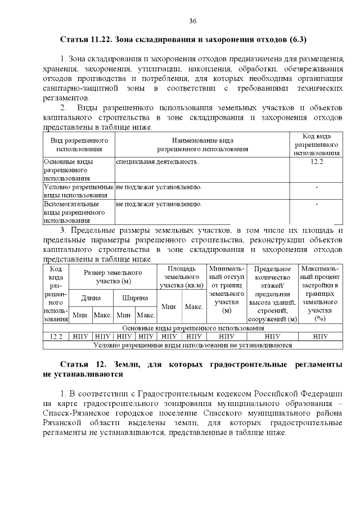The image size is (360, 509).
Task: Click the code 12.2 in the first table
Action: click(x=317, y=162)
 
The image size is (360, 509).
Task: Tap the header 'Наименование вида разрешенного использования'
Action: click(x=202, y=145)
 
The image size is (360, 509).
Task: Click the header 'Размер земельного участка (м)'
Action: click(x=113, y=277)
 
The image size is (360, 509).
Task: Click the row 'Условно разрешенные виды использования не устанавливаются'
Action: click(x=192, y=345)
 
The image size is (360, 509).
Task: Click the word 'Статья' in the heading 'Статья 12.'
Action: click(x=75, y=364)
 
